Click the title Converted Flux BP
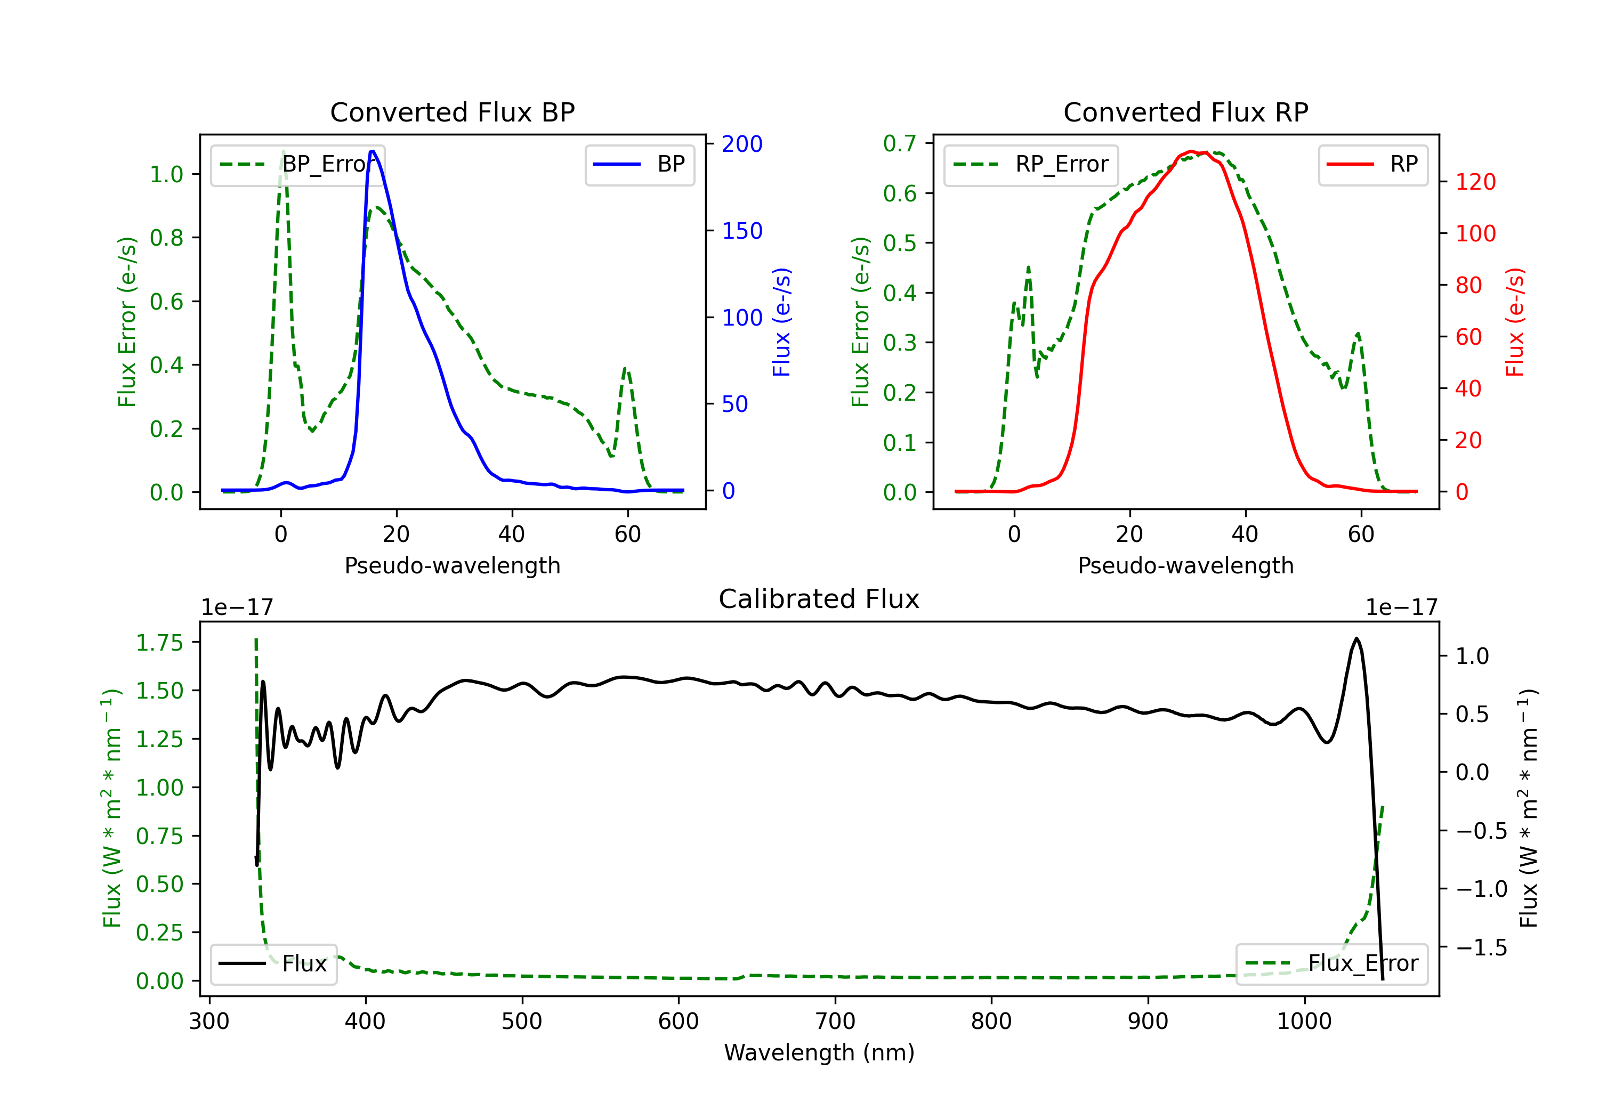452,112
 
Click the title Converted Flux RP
1185,112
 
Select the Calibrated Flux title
819,599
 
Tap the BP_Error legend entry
298,164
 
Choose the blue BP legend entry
639,164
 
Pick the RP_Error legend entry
1031,164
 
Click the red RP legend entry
1372,164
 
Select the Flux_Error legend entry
1331,964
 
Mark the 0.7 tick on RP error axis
900,143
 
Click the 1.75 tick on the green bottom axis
159,643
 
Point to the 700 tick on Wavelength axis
835,1021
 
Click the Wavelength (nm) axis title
819,1053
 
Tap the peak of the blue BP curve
373,151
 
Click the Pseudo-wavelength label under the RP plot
1185,565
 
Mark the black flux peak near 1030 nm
1356,638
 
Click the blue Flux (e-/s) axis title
781,322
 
